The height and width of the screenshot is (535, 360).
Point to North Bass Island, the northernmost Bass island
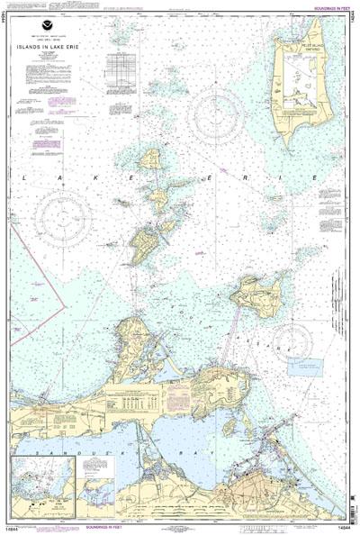[149, 159]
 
